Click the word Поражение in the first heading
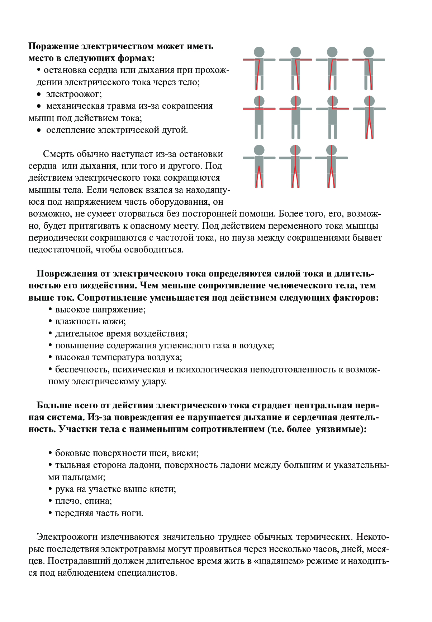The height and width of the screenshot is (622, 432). [x=53, y=46]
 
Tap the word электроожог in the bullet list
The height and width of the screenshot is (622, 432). [x=73, y=94]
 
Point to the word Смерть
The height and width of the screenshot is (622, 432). [x=57, y=154]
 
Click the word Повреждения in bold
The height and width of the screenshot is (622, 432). [x=67, y=274]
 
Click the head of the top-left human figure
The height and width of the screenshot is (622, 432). [x=259, y=52]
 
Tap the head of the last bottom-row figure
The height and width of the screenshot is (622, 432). [x=332, y=150]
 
